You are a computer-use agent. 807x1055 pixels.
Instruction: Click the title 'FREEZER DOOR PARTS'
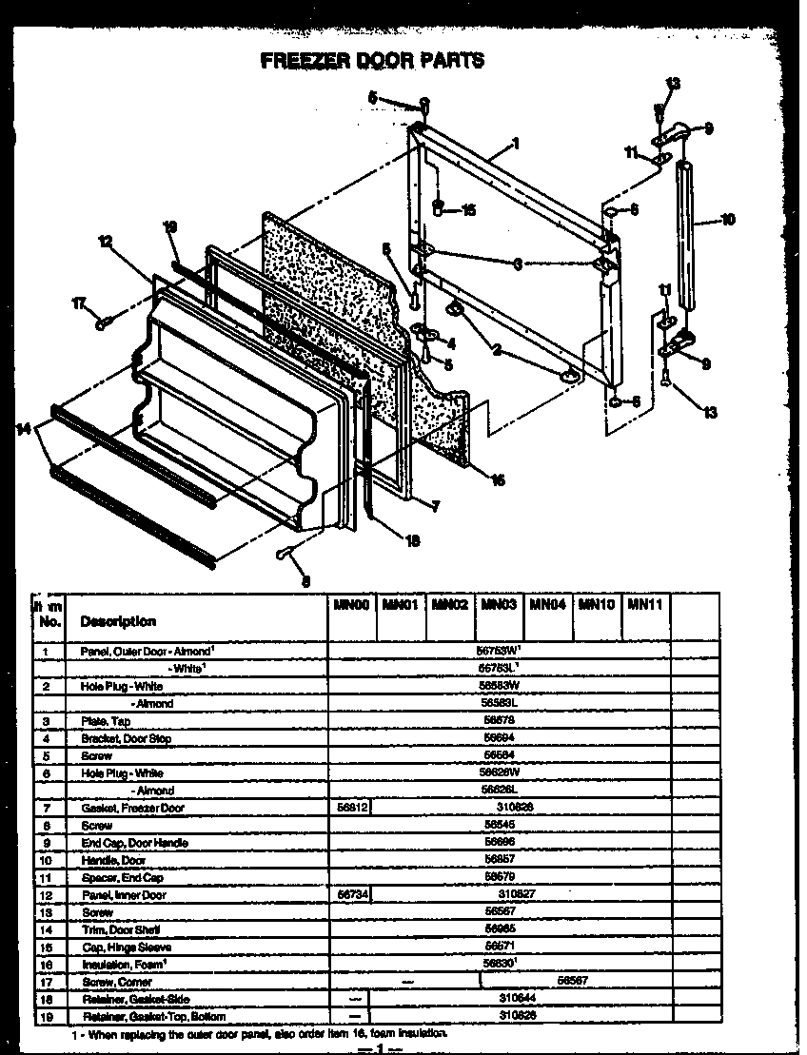(372, 60)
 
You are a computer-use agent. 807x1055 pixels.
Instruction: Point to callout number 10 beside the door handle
(728, 220)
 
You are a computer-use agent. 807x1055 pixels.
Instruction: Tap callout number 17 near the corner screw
(80, 303)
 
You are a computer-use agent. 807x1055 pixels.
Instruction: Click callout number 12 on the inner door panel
(105, 243)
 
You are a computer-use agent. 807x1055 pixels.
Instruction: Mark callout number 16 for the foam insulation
(497, 479)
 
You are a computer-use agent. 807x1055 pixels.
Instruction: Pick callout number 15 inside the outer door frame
(467, 210)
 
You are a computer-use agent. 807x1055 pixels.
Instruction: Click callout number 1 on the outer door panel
(515, 145)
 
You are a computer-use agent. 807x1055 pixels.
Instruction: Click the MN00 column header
(350, 603)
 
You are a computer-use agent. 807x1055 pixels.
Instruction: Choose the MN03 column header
(498, 603)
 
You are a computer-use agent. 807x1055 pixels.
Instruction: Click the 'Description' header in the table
(118, 621)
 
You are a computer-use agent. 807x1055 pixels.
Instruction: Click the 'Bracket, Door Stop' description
(126, 738)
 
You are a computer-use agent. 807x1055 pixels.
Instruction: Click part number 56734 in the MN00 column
(350, 894)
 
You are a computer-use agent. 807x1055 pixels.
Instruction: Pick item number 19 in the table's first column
(45, 1016)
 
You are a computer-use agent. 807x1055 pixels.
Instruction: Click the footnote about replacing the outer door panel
(257, 1033)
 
